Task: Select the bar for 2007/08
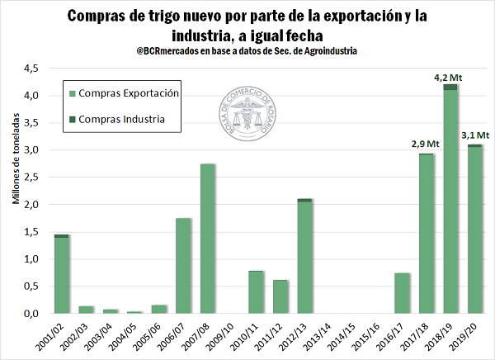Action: coord(208,239)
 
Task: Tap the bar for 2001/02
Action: coord(60,274)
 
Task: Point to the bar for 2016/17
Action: coord(402,292)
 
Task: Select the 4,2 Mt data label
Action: coord(450,77)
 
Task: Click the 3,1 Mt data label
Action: coord(474,135)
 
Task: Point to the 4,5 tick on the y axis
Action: coord(32,69)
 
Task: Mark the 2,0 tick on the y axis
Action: coord(32,204)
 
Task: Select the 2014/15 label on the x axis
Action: coord(351,336)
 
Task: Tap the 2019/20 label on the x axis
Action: coord(473,336)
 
